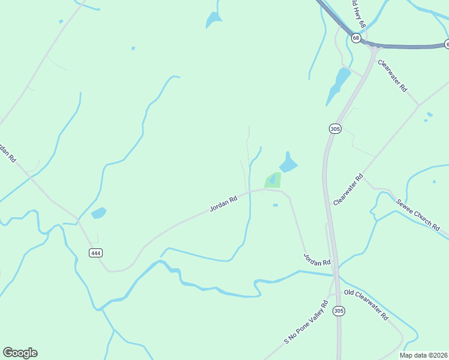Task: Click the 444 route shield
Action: (95, 253)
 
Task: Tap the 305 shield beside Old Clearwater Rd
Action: (339, 310)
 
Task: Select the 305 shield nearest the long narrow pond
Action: (335, 128)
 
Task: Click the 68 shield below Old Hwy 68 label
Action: (357, 38)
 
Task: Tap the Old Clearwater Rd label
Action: (366, 305)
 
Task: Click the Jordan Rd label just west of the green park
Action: (223, 202)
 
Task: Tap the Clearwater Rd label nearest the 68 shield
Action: (392, 75)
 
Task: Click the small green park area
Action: (272, 180)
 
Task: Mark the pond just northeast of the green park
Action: (288, 163)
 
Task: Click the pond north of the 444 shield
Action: (98, 212)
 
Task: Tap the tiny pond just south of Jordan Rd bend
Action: (275, 205)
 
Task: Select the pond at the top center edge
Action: (213, 20)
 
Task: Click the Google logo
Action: (20, 353)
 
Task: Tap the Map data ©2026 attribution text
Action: (423, 355)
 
